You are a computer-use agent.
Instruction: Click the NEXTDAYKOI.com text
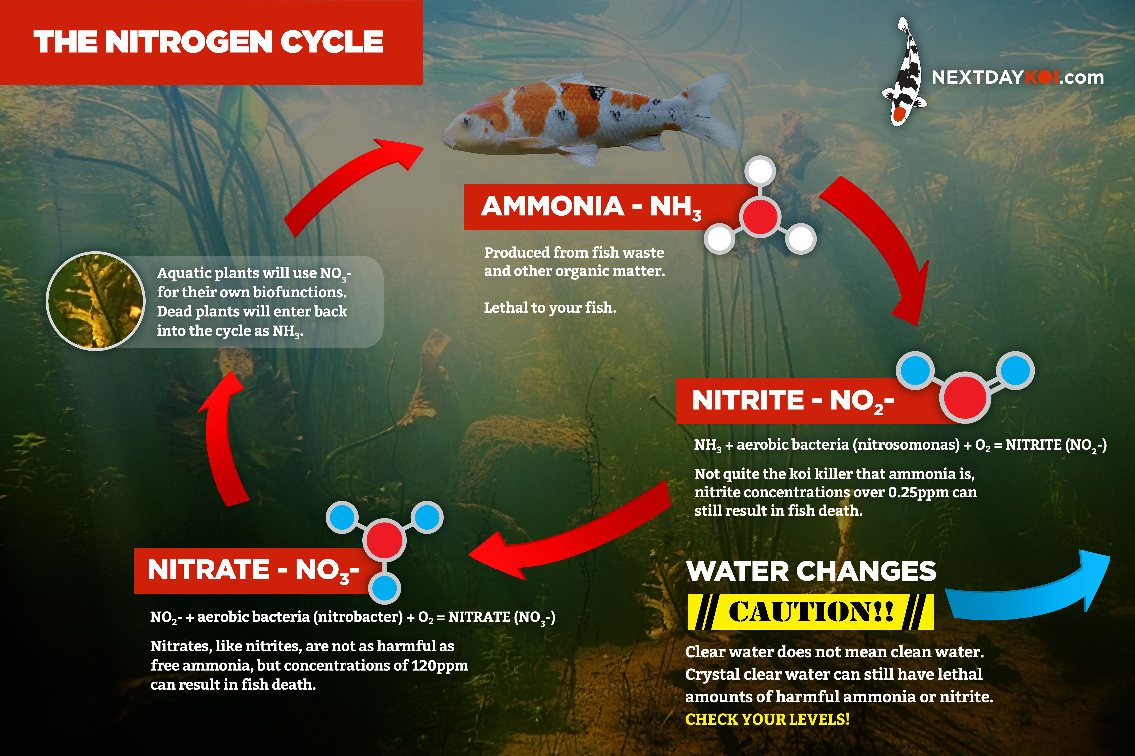pos(1017,77)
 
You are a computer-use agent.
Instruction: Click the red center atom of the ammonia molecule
pos(760,216)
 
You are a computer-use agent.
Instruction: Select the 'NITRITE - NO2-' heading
pos(793,401)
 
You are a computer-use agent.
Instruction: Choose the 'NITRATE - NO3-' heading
pos(253,570)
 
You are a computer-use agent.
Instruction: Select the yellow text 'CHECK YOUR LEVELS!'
pos(767,719)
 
